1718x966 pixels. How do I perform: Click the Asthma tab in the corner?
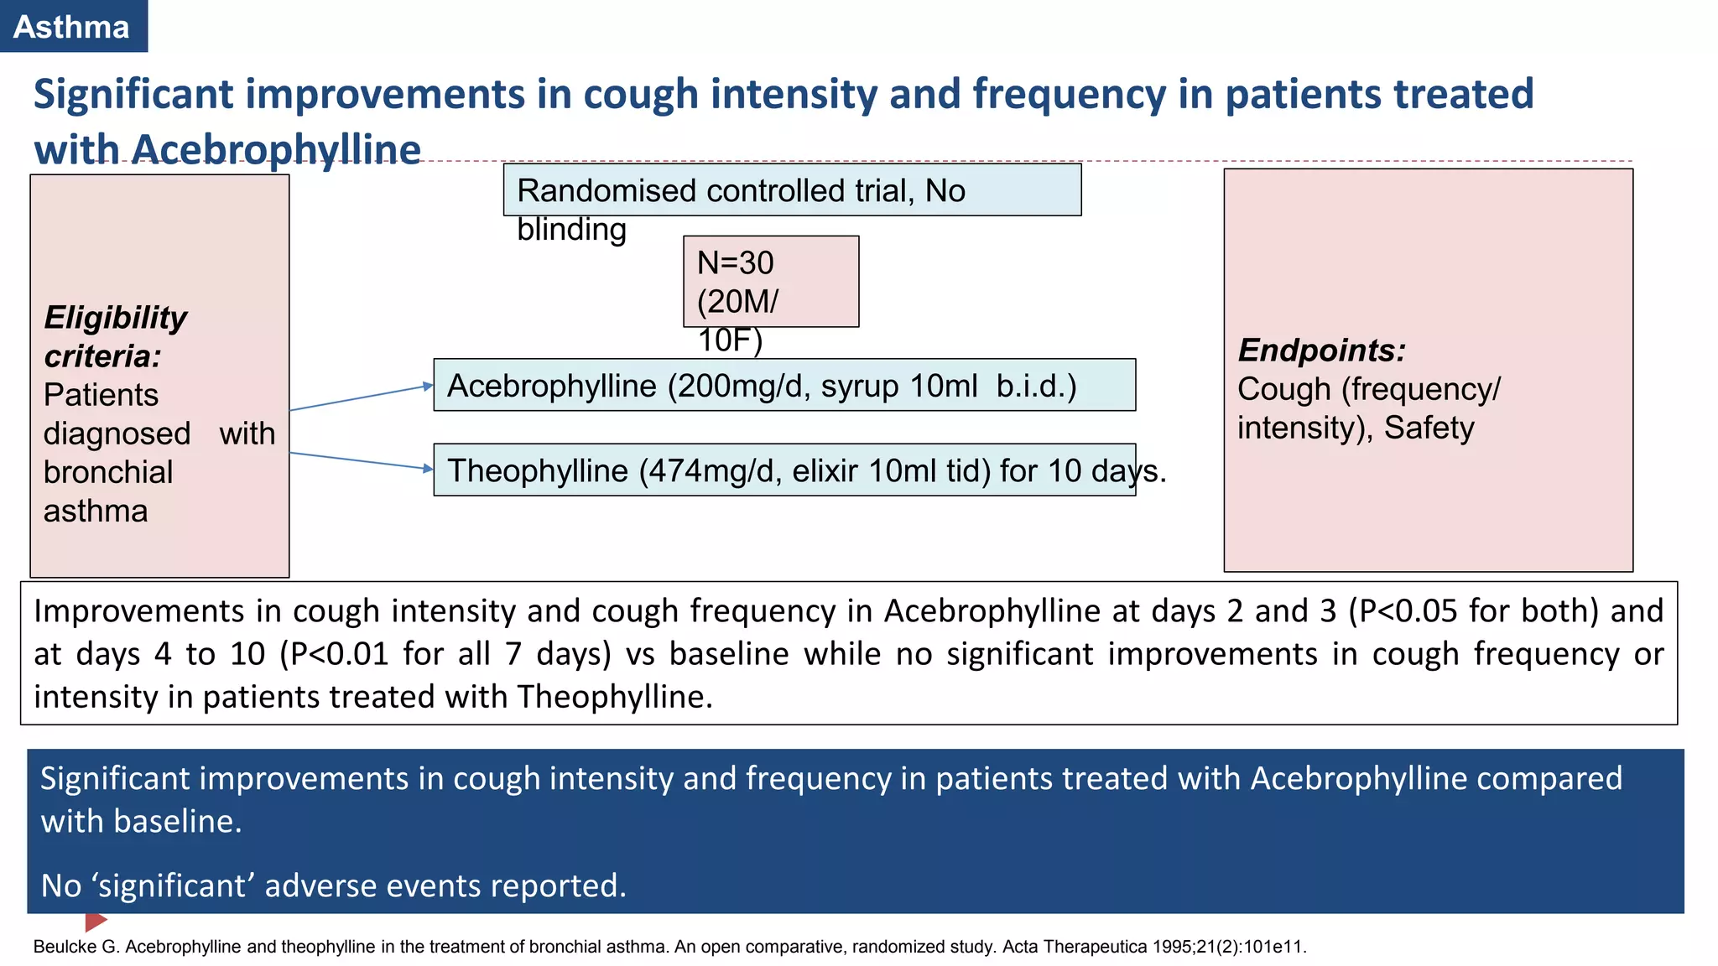tap(72, 27)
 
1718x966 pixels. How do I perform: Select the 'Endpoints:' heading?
tap(1320, 350)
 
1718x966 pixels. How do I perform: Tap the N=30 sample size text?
tap(735, 263)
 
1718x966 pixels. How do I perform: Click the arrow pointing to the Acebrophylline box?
tap(362, 397)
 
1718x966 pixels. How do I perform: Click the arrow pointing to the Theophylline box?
tap(362, 461)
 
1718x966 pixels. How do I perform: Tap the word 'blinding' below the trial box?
tap(571, 230)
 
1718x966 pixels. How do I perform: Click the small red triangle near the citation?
tap(95, 922)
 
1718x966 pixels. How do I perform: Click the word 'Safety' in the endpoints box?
tap(1428, 428)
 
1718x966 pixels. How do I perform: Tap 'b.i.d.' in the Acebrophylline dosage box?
tap(1035, 387)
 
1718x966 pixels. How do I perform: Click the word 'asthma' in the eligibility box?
tap(96, 512)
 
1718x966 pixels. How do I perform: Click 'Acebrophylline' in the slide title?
tap(276, 149)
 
